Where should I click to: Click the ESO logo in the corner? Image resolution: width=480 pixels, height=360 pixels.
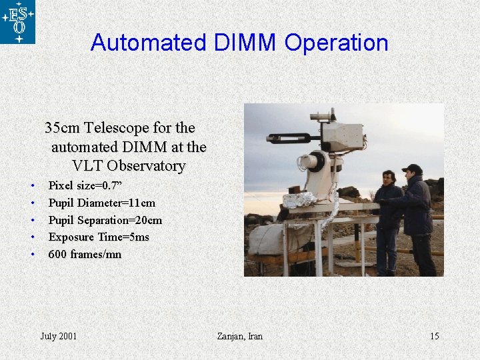[x=17, y=22]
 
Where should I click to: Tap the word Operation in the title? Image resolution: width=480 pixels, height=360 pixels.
[x=336, y=43]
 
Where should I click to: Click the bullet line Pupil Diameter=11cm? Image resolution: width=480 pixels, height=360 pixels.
[x=102, y=203]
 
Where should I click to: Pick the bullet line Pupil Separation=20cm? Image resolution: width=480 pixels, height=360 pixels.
[x=105, y=220]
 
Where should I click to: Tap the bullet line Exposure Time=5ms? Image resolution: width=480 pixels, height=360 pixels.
[x=99, y=237]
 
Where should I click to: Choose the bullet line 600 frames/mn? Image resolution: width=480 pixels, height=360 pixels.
[x=85, y=255]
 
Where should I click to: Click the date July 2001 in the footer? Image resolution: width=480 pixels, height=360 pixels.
[x=59, y=336]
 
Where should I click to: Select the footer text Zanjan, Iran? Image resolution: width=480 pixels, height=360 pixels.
[x=240, y=336]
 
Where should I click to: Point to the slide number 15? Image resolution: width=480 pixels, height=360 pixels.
[x=434, y=336]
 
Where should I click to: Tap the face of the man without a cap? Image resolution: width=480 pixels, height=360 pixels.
[x=389, y=179]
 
